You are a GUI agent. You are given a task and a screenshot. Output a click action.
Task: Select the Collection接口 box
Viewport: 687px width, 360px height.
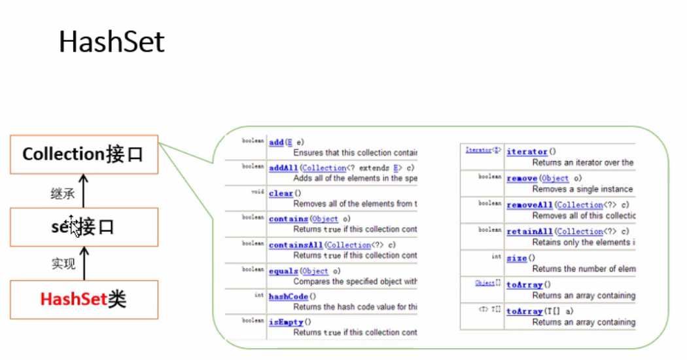83,154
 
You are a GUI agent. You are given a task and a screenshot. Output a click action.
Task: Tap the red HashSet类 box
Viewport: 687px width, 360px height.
84,300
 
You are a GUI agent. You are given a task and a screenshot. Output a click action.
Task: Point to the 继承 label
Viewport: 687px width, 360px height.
63,194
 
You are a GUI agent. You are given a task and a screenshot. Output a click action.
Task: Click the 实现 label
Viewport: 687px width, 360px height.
63,264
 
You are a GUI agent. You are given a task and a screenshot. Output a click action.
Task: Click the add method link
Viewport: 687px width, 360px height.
276,142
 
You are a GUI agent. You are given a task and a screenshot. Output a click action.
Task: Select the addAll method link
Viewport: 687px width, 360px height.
283,168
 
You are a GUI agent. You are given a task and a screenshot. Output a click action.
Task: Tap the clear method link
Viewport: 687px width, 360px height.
281,193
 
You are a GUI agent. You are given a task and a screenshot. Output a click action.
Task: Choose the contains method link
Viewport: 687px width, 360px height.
288,219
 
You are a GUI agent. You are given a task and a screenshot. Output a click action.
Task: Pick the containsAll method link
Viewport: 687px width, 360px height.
295,245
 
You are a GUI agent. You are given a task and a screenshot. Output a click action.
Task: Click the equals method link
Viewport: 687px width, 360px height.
283,271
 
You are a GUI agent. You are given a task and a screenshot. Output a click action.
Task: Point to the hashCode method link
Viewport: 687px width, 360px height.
288,297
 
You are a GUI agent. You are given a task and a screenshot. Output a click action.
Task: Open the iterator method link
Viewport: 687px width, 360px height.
527,152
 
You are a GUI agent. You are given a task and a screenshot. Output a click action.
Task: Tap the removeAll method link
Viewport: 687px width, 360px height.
529,205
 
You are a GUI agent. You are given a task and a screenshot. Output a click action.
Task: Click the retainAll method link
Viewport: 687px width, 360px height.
529,231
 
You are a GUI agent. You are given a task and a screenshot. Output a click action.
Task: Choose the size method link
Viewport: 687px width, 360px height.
516,258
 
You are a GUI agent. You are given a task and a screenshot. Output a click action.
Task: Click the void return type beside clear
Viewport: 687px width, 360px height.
258,192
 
